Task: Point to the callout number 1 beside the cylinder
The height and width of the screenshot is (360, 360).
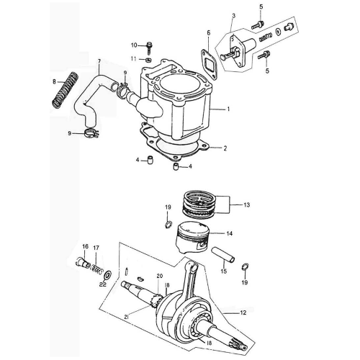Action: click(x=228, y=109)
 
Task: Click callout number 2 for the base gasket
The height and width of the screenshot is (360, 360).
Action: click(x=225, y=148)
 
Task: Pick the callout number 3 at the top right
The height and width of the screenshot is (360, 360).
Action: click(x=233, y=16)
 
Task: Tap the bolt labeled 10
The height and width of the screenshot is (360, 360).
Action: click(x=148, y=47)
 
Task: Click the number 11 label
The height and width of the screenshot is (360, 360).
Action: click(x=133, y=58)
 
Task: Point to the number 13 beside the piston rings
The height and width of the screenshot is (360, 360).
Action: click(x=246, y=205)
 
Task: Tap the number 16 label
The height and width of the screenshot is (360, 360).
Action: click(x=84, y=247)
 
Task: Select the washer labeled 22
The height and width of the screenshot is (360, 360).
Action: click(x=107, y=275)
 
